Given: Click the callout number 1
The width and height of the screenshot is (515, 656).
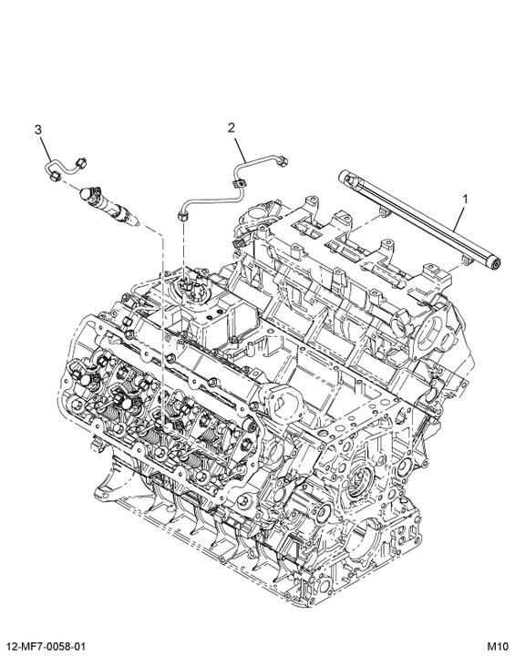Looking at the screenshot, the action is click(x=465, y=200).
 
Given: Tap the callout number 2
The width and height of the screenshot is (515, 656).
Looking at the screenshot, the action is click(x=232, y=128).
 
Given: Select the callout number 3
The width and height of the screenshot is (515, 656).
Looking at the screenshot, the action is click(x=38, y=129).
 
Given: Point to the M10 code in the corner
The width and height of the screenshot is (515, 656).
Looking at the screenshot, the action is click(x=498, y=646).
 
